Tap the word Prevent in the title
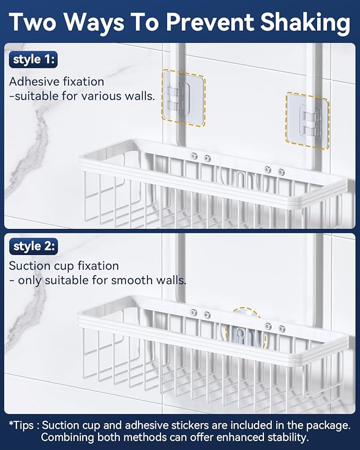point(210,22)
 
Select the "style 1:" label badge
point(33,59)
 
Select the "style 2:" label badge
point(33,246)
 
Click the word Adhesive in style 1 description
point(34,82)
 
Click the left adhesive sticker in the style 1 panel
point(184,98)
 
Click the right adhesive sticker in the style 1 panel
point(307,121)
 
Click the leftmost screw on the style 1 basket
point(194,156)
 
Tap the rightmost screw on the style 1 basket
point(282,172)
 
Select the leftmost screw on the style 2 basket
point(194,313)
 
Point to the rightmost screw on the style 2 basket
point(282,329)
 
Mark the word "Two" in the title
point(32,22)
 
